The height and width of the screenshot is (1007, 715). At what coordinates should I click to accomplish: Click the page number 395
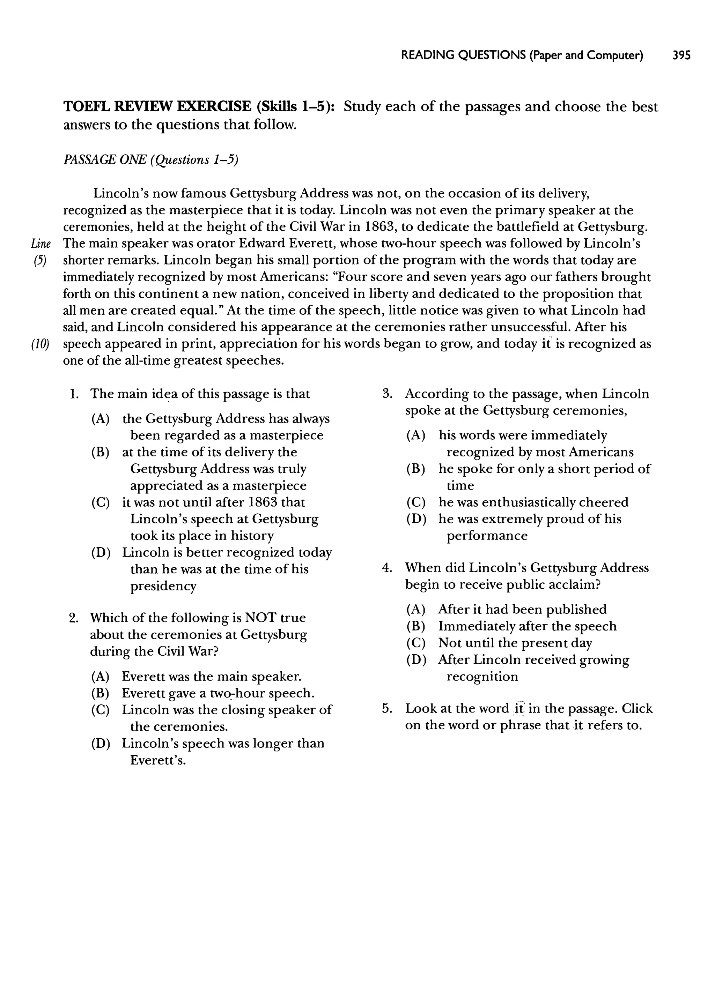(681, 55)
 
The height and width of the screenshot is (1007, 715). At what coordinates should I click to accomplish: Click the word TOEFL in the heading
(86, 107)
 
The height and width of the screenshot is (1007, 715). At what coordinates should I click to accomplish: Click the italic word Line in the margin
(41, 244)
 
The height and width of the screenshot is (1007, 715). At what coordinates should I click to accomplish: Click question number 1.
(74, 394)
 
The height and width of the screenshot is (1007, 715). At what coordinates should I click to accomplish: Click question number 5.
(387, 708)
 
